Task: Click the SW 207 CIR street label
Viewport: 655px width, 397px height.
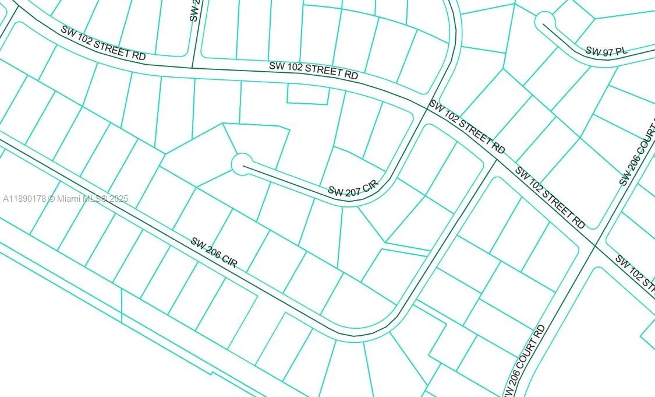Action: (x=353, y=189)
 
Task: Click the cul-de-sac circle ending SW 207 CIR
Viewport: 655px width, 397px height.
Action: (x=242, y=164)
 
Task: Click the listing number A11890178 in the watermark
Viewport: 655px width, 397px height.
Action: (x=24, y=199)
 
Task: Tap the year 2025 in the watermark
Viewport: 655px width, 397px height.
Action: (x=118, y=199)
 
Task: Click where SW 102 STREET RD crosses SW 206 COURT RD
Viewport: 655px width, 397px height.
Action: (x=594, y=245)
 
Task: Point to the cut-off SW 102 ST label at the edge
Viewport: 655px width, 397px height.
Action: (x=636, y=271)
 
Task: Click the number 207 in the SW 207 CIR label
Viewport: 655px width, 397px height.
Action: (x=353, y=190)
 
